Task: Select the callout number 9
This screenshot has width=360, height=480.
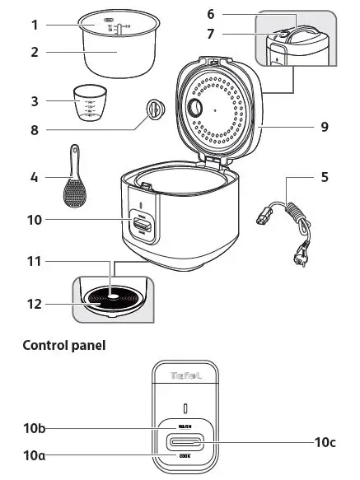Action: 325,127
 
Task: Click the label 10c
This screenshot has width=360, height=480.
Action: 325,440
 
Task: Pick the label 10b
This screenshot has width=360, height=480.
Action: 35,427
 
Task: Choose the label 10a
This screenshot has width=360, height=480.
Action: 35,454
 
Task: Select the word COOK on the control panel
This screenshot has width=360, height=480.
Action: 185,454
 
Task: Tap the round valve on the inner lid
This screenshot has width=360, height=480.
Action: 197,110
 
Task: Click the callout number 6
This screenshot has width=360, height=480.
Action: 210,14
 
